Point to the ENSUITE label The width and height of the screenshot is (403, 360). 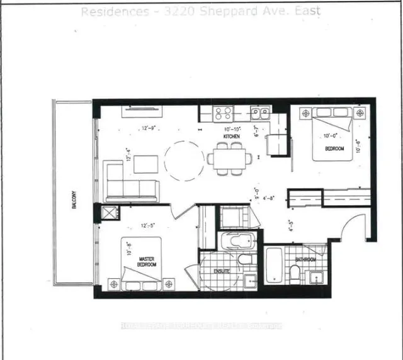[x=221, y=271]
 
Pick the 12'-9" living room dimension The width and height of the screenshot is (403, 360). [x=149, y=128]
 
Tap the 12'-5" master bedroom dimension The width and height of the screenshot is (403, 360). [x=147, y=225]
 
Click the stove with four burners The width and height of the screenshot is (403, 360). [x=224, y=113]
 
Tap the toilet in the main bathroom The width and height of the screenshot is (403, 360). [x=294, y=273]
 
